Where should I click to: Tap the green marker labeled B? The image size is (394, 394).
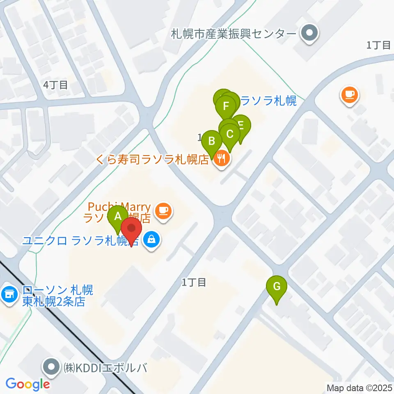212,142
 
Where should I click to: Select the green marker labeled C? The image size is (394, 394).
230,134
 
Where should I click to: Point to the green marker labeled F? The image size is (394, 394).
226,106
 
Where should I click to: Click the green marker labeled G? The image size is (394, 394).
277,286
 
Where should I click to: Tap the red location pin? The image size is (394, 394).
132,229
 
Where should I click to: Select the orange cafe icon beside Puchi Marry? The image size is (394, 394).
164,211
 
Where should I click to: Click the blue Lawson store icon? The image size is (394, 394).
9,293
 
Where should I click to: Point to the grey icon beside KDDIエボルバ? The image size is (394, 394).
52,366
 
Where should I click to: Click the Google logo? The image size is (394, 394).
27,385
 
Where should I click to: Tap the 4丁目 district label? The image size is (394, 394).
55,85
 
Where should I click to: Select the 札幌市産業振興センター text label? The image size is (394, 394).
234,33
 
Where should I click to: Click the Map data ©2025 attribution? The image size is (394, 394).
360,387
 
